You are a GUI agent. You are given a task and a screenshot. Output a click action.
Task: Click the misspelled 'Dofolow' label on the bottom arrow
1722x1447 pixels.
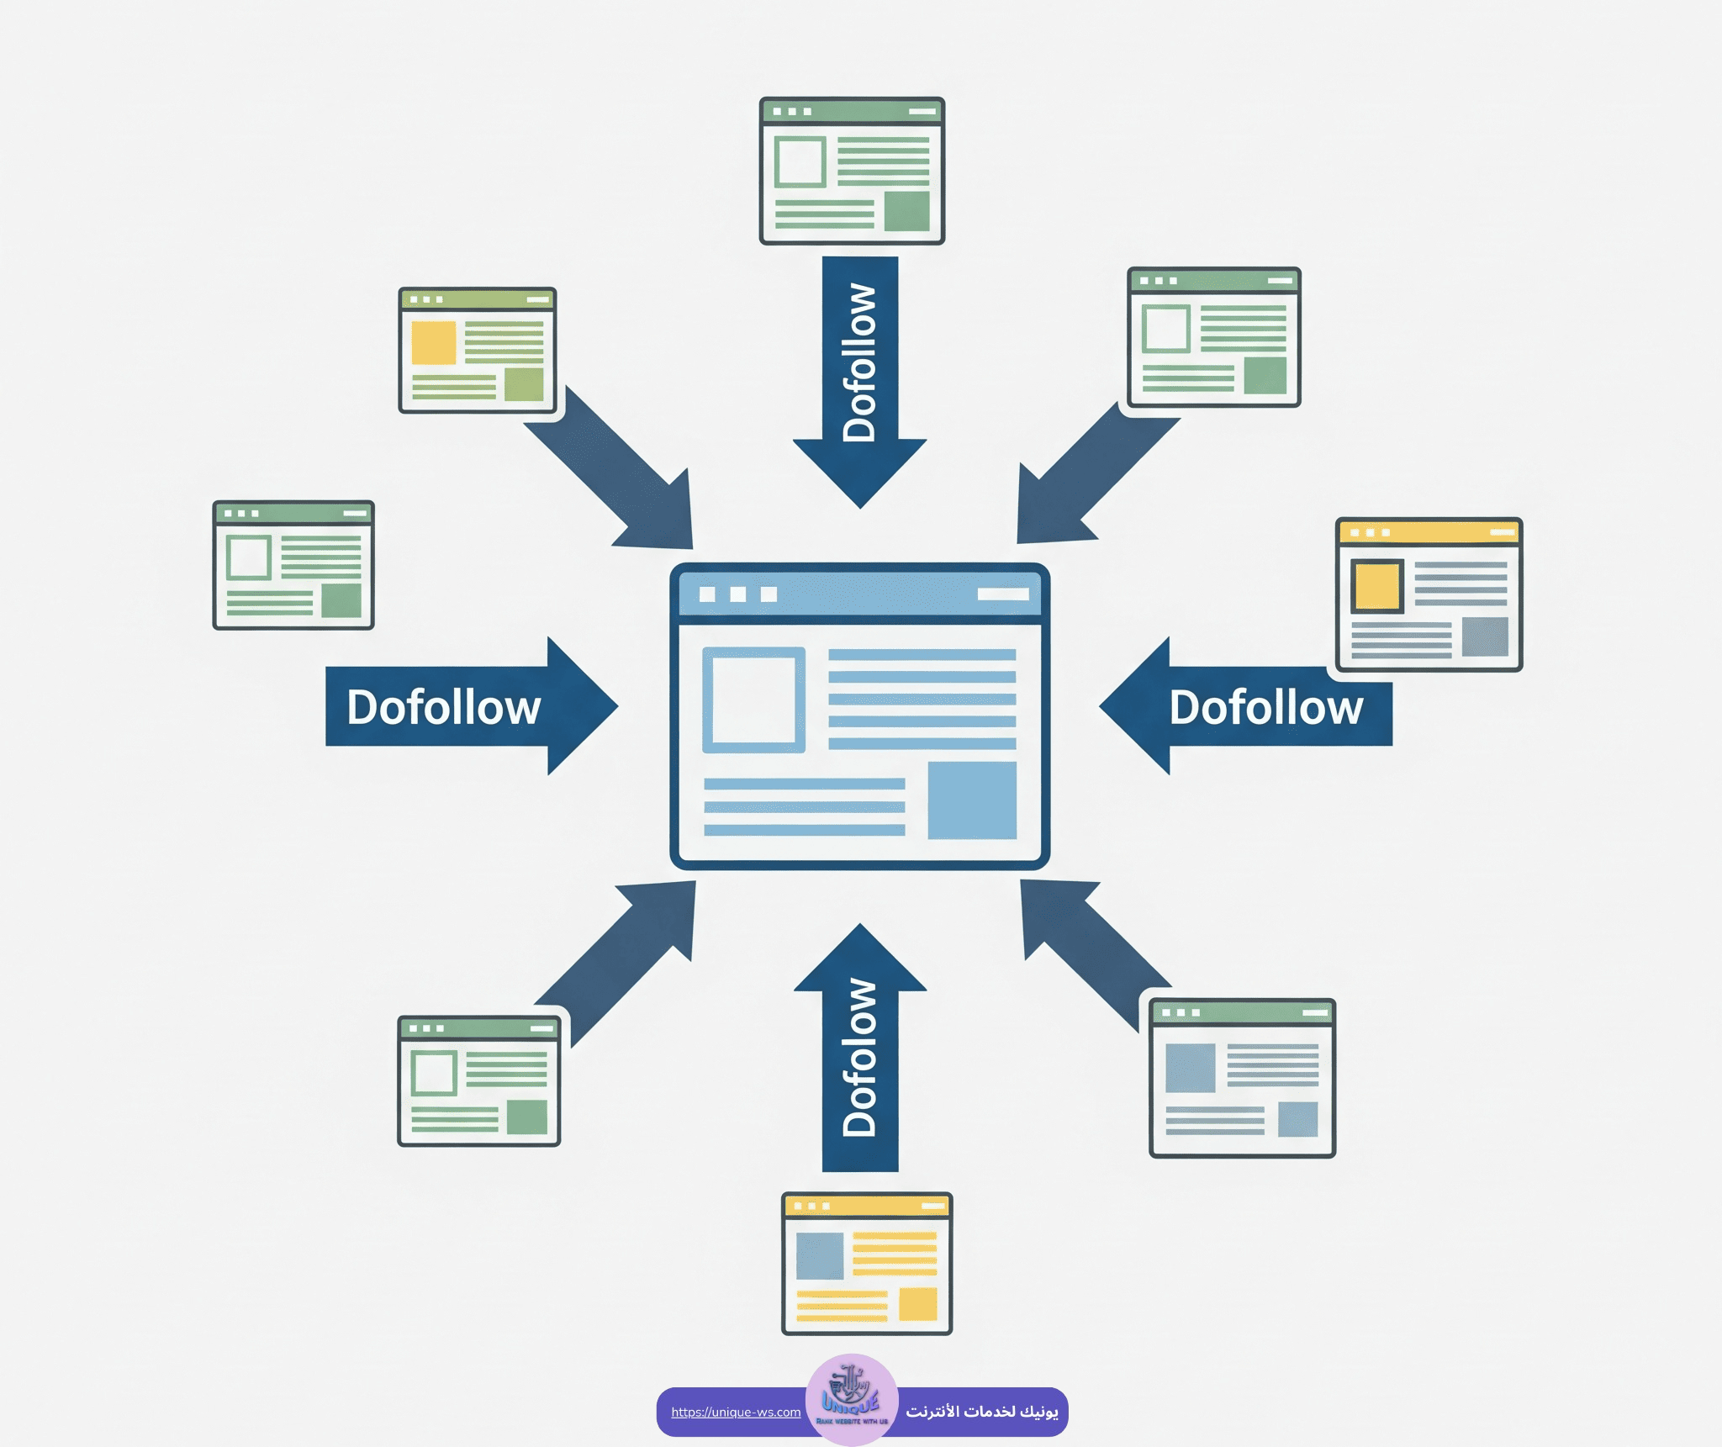point(860,1058)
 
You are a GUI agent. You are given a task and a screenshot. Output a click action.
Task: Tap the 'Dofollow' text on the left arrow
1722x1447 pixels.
point(443,707)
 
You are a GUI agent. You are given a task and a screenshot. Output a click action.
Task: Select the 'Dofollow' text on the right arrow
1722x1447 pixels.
point(1265,707)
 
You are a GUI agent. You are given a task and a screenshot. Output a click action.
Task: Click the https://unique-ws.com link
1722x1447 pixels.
point(736,1412)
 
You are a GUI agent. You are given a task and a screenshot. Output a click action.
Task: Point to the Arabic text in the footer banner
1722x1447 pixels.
point(981,1411)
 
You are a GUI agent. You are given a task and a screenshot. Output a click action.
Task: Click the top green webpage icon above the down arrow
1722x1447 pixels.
point(852,171)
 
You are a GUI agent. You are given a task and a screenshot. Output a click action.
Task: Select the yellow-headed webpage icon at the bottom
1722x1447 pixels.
point(867,1263)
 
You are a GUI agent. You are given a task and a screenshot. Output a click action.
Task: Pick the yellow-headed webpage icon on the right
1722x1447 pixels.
point(1429,594)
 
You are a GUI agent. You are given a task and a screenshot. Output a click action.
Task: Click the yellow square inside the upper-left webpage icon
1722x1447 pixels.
point(434,342)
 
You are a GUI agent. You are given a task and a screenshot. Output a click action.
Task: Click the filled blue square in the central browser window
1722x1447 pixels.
point(972,800)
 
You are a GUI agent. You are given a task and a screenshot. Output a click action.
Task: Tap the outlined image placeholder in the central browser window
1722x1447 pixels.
point(753,700)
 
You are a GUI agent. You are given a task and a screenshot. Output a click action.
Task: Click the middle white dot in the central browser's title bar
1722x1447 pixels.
point(738,594)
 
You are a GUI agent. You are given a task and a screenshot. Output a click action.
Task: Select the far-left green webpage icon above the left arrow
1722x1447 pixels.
point(293,565)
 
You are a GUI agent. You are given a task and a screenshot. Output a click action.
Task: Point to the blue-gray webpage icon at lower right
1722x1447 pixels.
point(1242,1078)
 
